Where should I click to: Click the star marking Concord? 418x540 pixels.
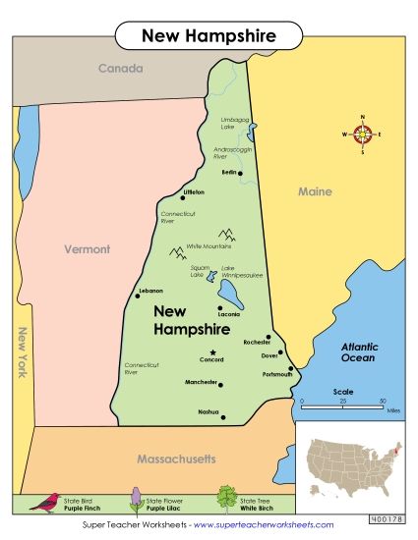tap(211, 351)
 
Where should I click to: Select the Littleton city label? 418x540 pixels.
tap(193, 191)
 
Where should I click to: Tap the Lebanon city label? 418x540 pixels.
tap(150, 291)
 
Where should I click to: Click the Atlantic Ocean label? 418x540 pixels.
tap(358, 352)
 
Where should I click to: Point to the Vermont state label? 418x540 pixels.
tap(88, 249)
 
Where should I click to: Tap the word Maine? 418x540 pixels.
tap(315, 191)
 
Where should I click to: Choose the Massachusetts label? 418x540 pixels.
tap(162, 459)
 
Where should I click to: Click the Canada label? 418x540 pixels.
tap(119, 69)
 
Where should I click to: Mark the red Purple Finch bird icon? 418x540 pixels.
tap(44, 502)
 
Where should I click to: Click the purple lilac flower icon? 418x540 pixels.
tap(135, 499)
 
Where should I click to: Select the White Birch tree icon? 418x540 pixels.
tap(227, 498)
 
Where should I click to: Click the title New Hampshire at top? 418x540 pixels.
tap(209, 36)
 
